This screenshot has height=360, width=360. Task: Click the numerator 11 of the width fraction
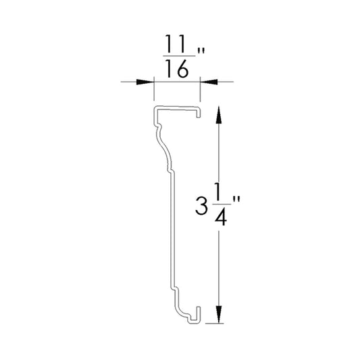[x=176, y=44]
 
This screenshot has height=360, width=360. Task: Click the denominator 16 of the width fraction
[x=177, y=68]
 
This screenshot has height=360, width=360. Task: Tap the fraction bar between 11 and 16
[x=179, y=56]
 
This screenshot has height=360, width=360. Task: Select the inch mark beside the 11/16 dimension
[x=201, y=51]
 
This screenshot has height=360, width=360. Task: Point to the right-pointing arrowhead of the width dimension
[x=145, y=82]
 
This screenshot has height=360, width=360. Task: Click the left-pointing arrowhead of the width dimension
[x=209, y=82]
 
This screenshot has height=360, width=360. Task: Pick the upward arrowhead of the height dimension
[x=219, y=115]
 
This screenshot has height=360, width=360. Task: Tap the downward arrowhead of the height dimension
[x=219, y=315]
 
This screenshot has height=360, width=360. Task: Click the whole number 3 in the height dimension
[x=201, y=206]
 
